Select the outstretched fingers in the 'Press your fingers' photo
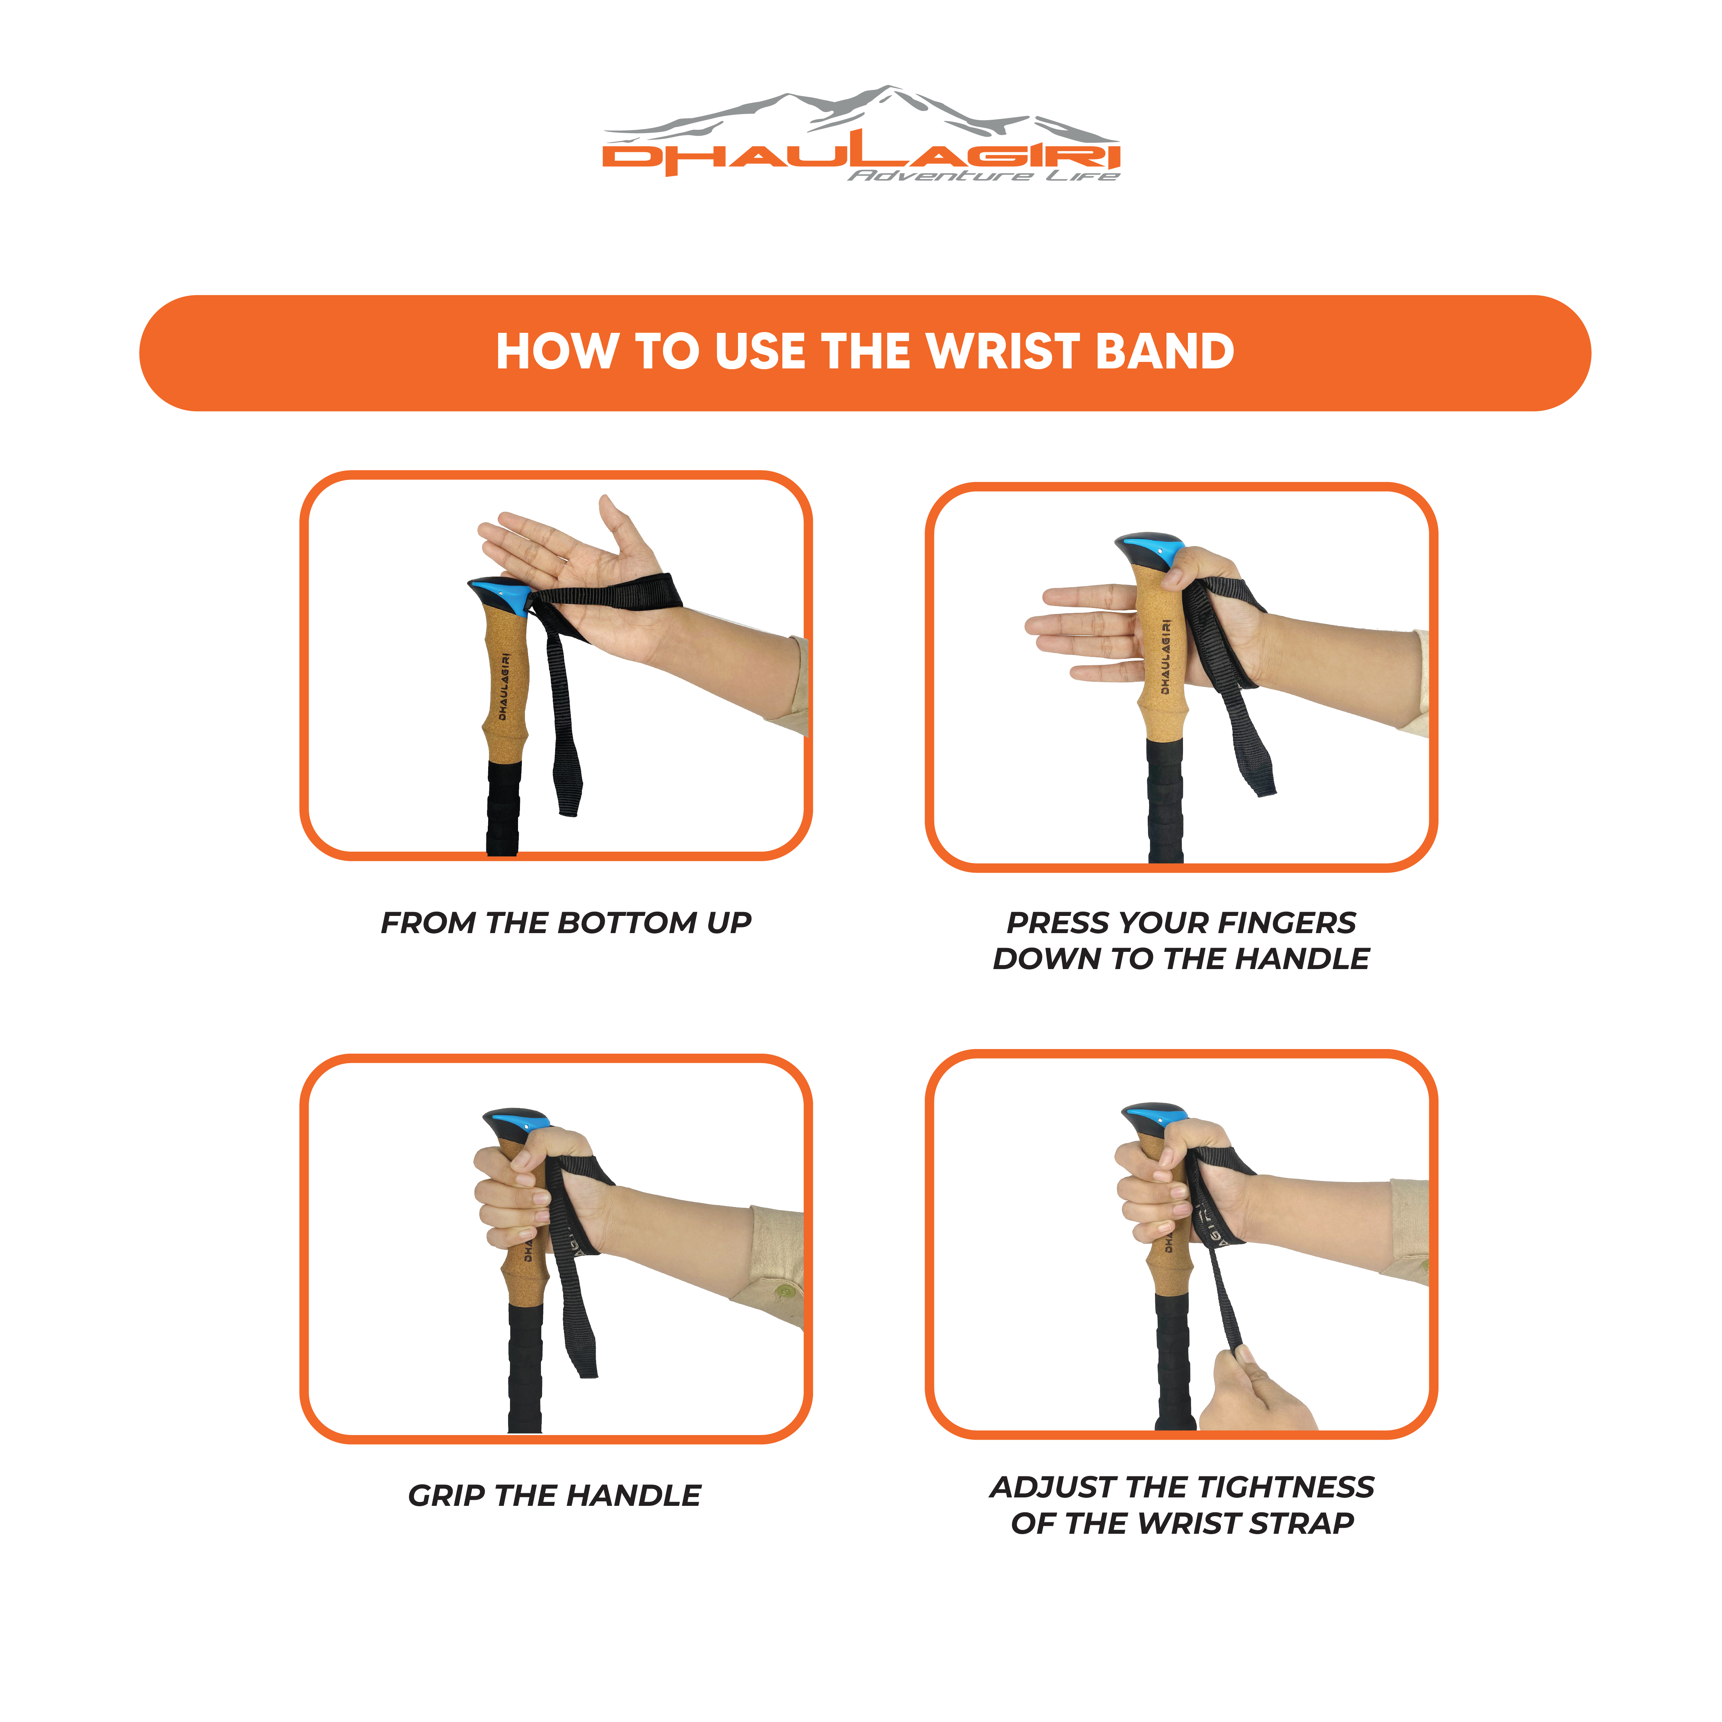(1081, 633)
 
